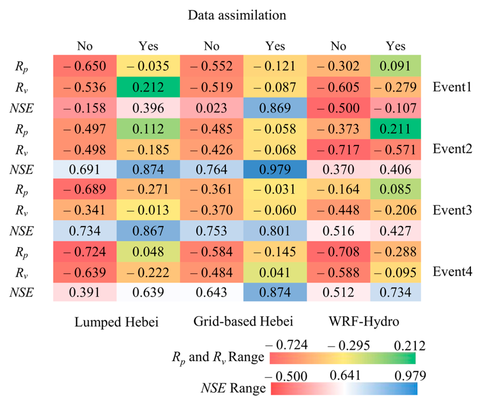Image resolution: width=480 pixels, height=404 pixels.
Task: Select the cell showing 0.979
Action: [275, 169]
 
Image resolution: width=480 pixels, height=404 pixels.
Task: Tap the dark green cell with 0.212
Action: [148, 87]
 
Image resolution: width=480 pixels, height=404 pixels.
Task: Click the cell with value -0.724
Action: [85, 251]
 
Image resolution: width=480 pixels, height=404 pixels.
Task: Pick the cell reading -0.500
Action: [338, 108]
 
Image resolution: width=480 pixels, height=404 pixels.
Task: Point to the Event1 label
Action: [452, 87]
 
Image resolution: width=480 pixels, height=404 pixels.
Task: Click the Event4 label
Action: [452, 271]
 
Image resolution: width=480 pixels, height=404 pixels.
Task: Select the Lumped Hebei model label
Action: [116, 322]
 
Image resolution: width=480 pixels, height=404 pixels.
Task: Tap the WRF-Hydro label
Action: [364, 321]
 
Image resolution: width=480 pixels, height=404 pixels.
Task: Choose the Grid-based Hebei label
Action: [243, 321]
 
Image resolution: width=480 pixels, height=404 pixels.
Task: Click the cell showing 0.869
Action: [275, 108]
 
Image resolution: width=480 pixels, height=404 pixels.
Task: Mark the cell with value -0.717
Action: [338, 150]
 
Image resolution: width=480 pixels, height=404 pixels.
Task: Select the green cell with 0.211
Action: [395, 129]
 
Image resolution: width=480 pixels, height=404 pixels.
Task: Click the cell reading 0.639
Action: [148, 292]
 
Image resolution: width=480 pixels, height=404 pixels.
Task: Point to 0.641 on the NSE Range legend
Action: [345, 375]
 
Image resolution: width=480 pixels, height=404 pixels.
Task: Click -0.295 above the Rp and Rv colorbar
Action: [349, 345]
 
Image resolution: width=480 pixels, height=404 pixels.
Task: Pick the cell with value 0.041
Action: [275, 272]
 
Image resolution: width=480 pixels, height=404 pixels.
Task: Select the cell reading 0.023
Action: [211, 108]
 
